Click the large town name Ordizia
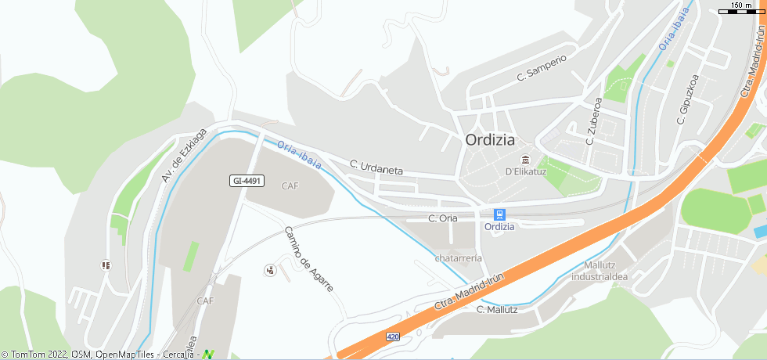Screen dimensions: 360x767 490,141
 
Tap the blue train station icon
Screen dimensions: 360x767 499,214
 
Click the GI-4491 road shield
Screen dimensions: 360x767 247,181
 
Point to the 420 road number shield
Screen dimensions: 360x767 392,337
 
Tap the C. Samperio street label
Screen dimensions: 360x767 542,68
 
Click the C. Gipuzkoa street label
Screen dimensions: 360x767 687,99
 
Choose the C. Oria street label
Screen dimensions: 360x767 443,218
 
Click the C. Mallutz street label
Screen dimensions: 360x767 497,309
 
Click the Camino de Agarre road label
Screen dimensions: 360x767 308,259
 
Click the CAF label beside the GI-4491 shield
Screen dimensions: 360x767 290,186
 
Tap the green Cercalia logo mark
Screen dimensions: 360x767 207,354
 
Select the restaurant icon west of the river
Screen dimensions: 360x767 106,265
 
